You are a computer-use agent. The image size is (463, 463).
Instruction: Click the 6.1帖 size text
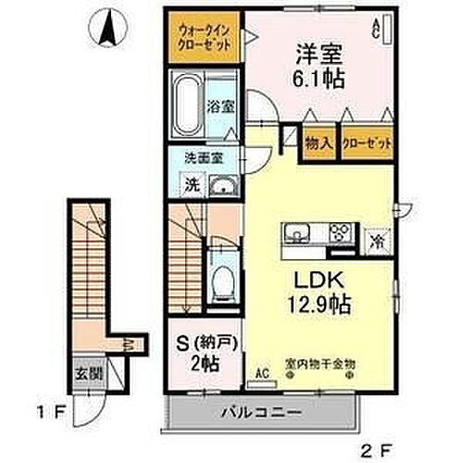[319, 79]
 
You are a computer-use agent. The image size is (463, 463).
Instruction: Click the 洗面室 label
[197, 157]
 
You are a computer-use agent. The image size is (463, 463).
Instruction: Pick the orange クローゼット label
[366, 144]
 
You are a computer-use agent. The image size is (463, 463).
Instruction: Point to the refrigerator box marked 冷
[378, 242]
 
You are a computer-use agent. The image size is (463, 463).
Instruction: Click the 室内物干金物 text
[319, 365]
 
